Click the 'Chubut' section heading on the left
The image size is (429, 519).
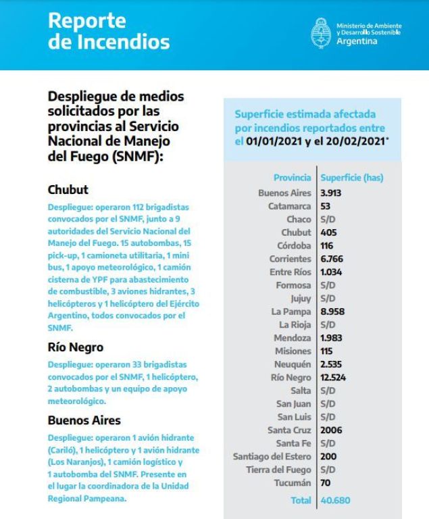[x=68, y=189]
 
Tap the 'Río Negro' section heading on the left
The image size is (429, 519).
[x=75, y=347]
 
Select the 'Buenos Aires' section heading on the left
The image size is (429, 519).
[x=84, y=420]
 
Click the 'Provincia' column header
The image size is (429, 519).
[x=292, y=178]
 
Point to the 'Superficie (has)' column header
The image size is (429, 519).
[x=351, y=178]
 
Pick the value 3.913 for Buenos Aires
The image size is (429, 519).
[x=332, y=193]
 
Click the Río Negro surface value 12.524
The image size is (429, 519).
[x=334, y=377]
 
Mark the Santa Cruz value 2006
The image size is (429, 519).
[x=330, y=430]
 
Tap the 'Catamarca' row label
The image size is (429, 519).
[x=290, y=206]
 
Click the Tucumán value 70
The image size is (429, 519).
[x=325, y=483]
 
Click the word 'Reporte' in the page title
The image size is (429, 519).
[x=87, y=21]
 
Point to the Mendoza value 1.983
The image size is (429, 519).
[x=332, y=338]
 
